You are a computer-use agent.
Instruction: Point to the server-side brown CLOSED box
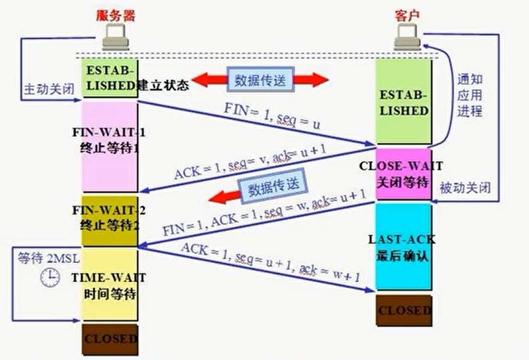click(109, 339)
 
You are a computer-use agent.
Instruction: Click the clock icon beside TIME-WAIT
click(50, 277)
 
